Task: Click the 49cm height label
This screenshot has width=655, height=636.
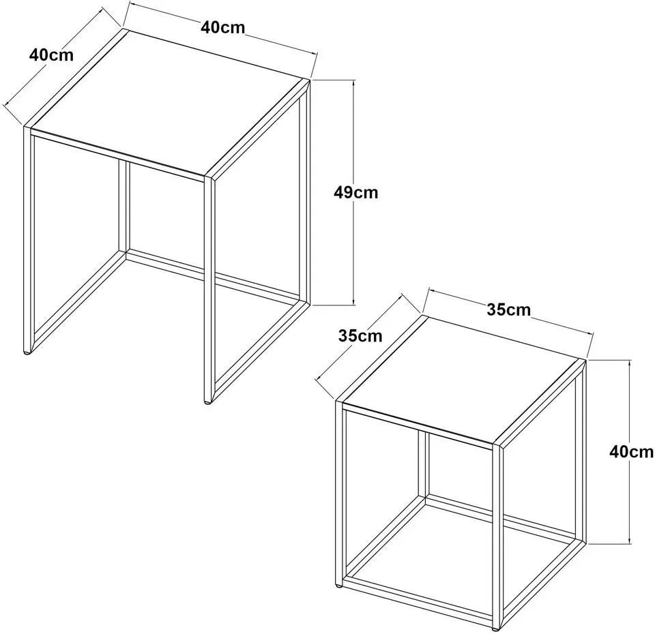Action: coord(356,192)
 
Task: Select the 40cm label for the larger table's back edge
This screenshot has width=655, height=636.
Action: coord(222,27)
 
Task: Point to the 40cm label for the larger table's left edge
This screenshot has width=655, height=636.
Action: coord(51,55)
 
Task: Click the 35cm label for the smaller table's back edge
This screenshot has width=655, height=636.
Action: coord(508,309)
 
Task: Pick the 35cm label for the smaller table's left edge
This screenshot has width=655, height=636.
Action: coord(360,335)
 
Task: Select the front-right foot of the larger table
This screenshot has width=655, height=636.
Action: coord(207,402)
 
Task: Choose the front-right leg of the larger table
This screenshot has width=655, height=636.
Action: coord(209,288)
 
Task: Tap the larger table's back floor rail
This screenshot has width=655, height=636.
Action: coord(213,276)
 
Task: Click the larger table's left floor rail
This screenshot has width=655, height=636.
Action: coord(77,299)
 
